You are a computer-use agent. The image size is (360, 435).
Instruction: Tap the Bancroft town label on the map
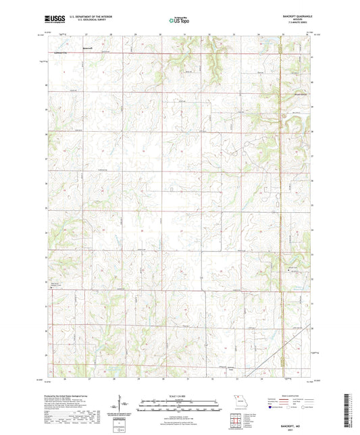pos(86,48)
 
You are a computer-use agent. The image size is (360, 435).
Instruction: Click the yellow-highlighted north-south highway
pos(280,135)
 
